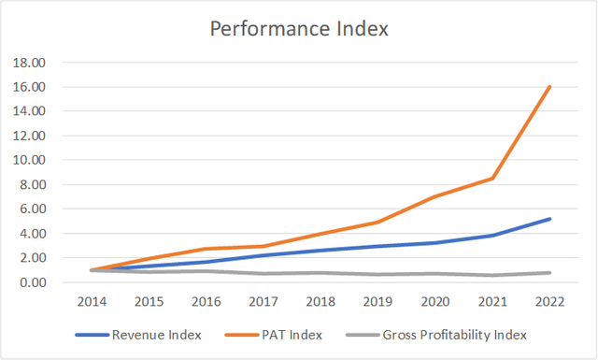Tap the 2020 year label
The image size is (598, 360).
[x=433, y=302]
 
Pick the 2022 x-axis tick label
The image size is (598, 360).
[x=548, y=302]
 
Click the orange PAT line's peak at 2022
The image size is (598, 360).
[x=548, y=87]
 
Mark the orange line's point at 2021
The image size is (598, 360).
[x=491, y=178]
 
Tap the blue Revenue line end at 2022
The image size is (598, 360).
[x=548, y=219]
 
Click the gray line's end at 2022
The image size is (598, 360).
[x=548, y=272]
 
